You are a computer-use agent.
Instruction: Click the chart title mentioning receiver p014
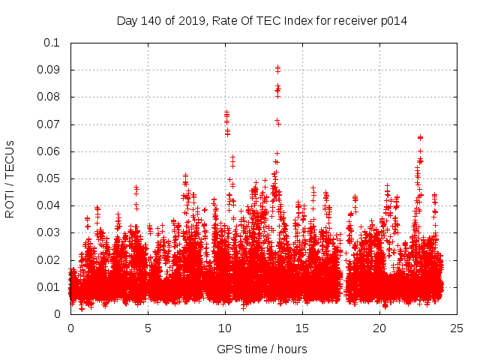tap(262, 20)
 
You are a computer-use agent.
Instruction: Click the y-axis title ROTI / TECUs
tap(10, 178)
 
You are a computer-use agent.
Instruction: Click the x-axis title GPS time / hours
tap(262, 349)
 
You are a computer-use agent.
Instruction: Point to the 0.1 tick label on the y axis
tap(51, 43)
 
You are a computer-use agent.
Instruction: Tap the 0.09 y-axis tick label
tap(48, 70)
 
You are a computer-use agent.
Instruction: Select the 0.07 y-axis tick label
tap(48, 124)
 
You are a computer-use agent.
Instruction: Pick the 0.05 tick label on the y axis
tap(48, 178)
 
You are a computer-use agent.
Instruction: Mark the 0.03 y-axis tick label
tap(48, 232)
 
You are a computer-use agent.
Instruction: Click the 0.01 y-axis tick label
tap(48, 287)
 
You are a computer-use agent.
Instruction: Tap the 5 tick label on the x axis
tap(148, 328)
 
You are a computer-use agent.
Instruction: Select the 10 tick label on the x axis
tap(225, 328)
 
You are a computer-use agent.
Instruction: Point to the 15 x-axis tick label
tap(302, 328)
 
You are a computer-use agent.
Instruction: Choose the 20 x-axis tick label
tap(379, 328)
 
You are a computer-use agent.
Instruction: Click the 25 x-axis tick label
tap(457, 328)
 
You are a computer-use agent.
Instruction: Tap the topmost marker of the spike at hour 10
tap(226, 112)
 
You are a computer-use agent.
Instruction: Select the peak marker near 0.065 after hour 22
tap(420, 137)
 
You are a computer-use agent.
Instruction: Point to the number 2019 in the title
tap(190, 20)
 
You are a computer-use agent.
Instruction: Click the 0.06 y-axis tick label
tap(48, 151)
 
